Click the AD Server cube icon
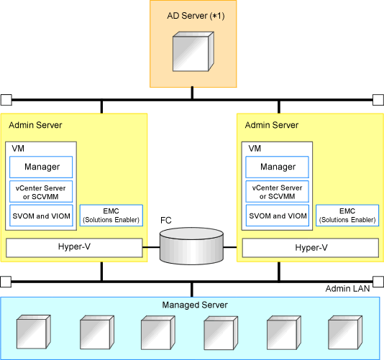click(x=193, y=52)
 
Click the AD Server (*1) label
click(x=196, y=16)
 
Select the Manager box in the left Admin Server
click(x=41, y=167)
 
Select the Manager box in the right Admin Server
click(x=278, y=167)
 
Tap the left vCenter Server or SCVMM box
click(x=41, y=192)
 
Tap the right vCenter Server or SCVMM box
click(x=278, y=192)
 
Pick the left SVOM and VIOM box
click(x=41, y=216)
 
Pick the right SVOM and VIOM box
click(x=278, y=216)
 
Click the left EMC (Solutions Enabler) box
click(x=111, y=216)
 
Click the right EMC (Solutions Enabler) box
click(x=347, y=216)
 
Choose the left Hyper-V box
click(x=74, y=248)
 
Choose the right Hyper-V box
click(x=311, y=248)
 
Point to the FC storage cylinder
click(x=191, y=246)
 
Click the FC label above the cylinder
click(x=166, y=221)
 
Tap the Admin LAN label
click(x=347, y=289)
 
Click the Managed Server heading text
click(x=195, y=305)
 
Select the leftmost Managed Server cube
click(x=34, y=332)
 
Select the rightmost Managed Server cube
click(x=345, y=333)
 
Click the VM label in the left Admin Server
click(x=18, y=148)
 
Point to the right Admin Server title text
click(x=272, y=125)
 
